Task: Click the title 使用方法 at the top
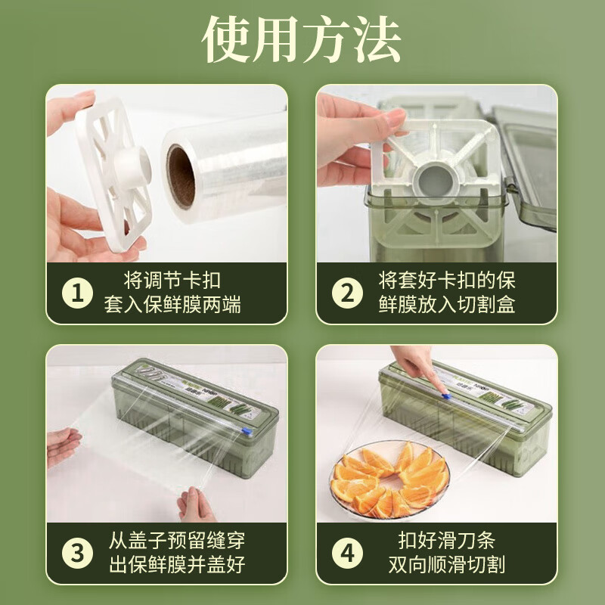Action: [x=301, y=39]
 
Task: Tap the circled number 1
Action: [x=77, y=293]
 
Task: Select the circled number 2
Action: [x=347, y=293]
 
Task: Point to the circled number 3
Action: [x=77, y=553]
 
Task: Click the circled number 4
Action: [x=347, y=553]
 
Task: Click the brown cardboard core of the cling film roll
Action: [x=181, y=176]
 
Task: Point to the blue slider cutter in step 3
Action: [x=247, y=431]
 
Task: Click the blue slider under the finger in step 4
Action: [x=444, y=396]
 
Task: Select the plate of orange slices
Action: [x=389, y=479]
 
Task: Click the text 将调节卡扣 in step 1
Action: [x=172, y=281]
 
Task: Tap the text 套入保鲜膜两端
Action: [x=172, y=305]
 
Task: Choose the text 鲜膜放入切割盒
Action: [x=447, y=305]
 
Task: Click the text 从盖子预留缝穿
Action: [x=177, y=541]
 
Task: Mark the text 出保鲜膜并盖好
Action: [x=177, y=565]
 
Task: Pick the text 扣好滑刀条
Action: [x=447, y=541]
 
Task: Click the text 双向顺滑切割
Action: [x=447, y=565]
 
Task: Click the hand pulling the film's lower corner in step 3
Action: [x=195, y=504]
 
